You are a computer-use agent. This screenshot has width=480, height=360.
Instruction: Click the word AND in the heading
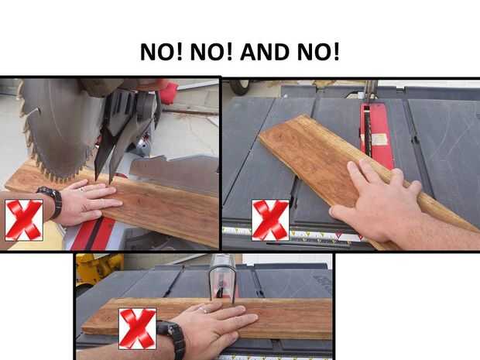[x=265, y=52]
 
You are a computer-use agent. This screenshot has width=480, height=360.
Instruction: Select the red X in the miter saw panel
[x=24, y=220]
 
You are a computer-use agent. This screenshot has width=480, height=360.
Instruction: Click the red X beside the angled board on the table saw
[x=270, y=220]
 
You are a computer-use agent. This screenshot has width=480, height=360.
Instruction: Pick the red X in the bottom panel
[x=138, y=329]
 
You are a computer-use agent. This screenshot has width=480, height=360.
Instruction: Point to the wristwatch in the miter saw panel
[x=51, y=201]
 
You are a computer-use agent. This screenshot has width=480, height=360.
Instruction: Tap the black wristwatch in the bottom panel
[x=171, y=338]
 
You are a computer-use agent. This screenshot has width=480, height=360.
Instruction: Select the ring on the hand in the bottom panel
[x=204, y=310]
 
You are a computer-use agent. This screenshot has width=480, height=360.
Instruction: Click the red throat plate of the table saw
[x=377, y=135]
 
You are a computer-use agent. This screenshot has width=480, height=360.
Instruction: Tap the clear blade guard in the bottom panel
[x=221, y=279]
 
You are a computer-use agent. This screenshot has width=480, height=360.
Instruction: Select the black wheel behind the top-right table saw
[x=239, y=87]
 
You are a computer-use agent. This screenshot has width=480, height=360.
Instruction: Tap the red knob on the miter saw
[x=168, y=91]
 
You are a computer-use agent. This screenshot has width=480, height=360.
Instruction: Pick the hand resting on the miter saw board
[x=89, y=202]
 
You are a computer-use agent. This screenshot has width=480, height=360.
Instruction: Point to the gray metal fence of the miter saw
[x=174, y=174]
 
